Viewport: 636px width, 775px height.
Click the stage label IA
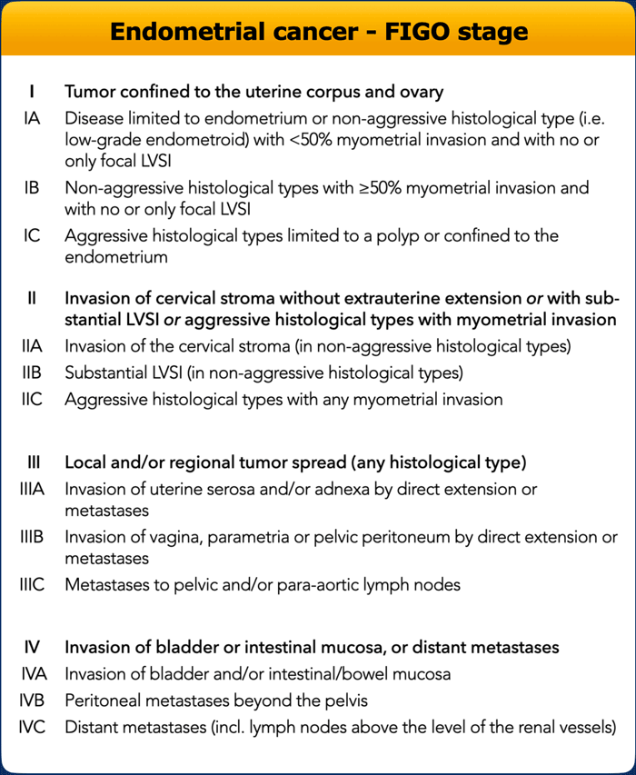pos(32,119)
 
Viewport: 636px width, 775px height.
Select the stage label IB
pos(32,188)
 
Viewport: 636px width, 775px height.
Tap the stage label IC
pos(32,235)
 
